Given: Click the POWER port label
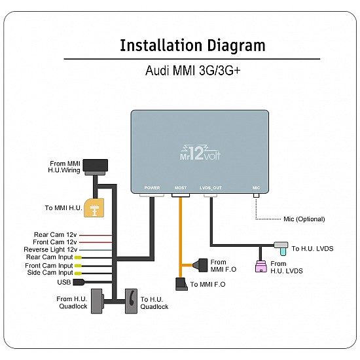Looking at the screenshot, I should (x=152, y=188).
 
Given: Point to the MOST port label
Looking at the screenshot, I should (x=181, y=188).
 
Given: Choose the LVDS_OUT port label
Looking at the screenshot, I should (x=210, y=188).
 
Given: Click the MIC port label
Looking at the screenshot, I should (x=257, y=188).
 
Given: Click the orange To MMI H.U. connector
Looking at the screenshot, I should (x=95, y=207).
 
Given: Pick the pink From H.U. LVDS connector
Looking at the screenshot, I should (x=261, y=265).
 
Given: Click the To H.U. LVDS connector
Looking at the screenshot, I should (x=281, y=247).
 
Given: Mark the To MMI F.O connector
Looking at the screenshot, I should (x=181, y=284).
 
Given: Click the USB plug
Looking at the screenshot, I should (x=79, y=282).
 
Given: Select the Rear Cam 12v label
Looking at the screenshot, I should (x=55, y=234).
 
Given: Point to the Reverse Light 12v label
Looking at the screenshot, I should (x=50, y=249).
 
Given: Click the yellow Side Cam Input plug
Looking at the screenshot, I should (x=78, y=273).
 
